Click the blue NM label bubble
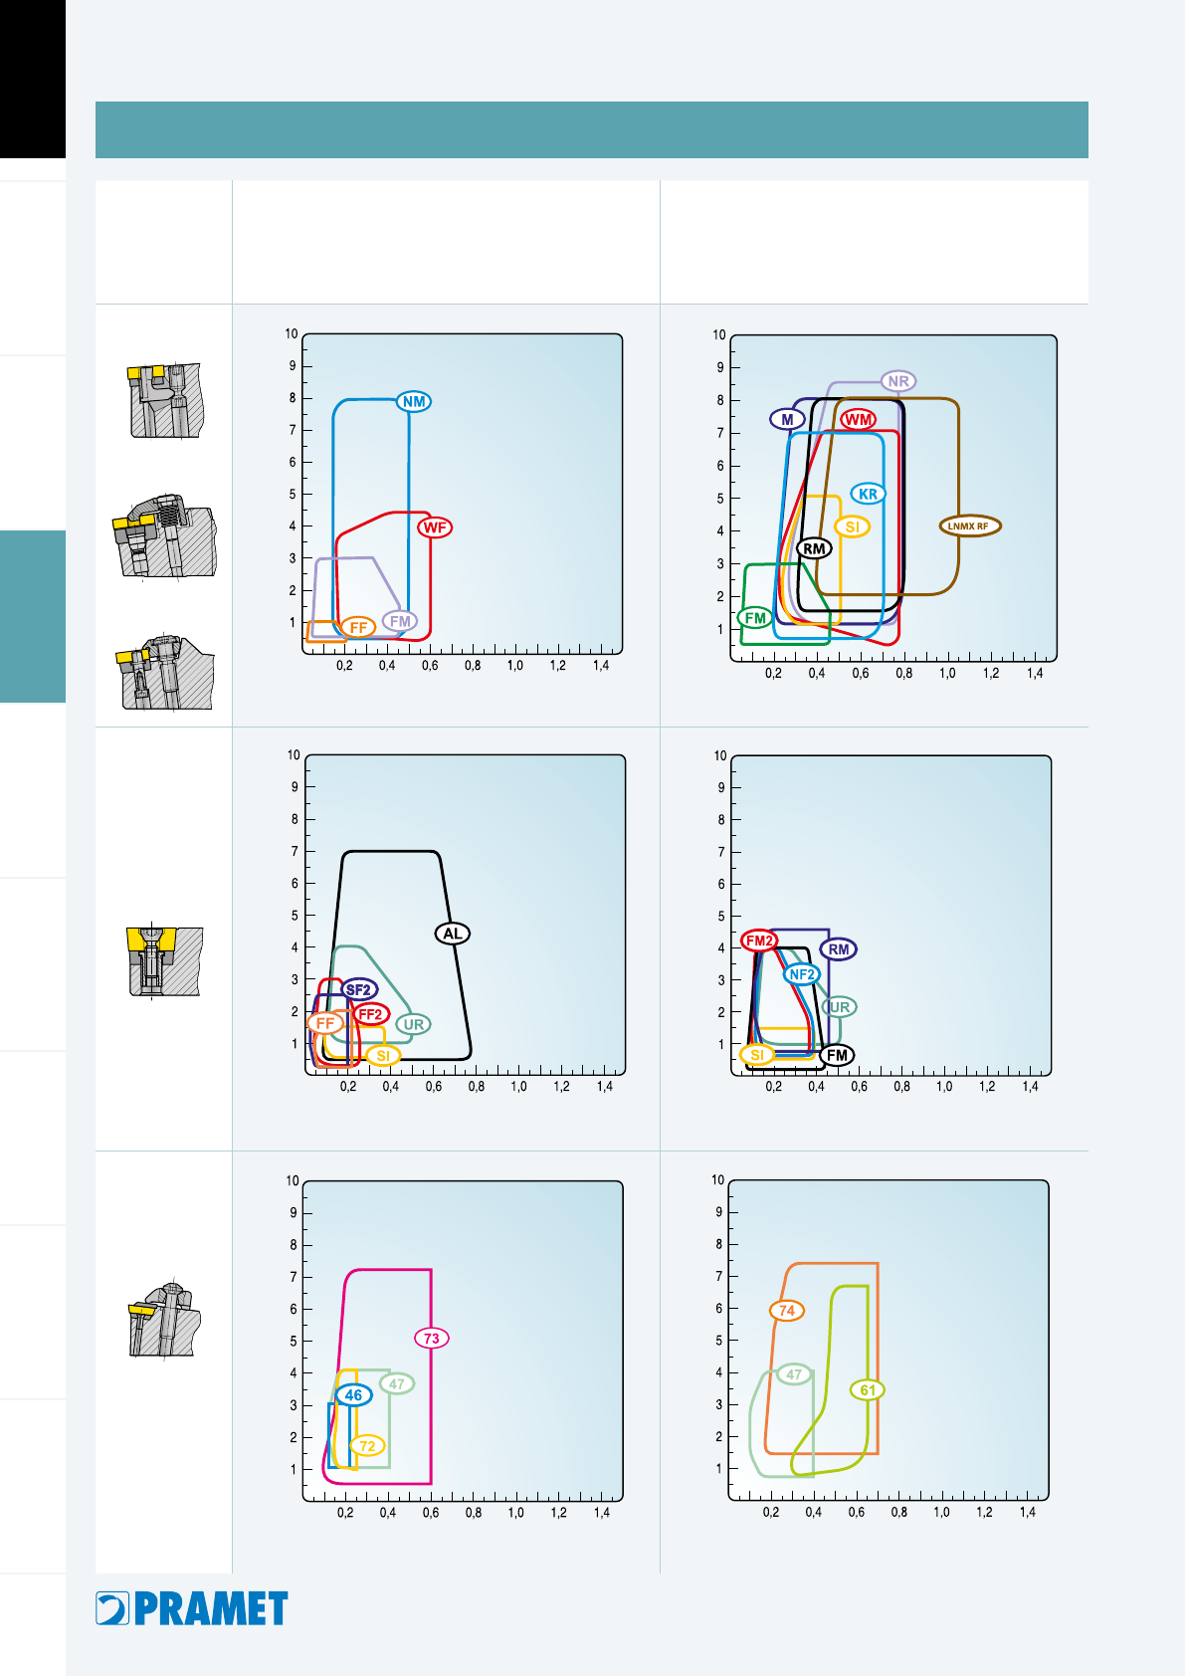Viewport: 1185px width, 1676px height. (414, 402)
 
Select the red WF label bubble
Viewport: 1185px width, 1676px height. (435, 527)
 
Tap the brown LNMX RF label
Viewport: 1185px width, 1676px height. (969, 526)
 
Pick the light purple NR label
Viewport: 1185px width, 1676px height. (898, 381)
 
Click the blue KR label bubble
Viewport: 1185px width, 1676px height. (868, 494)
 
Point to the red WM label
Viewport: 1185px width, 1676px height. (858, 419)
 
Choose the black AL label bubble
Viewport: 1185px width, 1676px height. (453, 934)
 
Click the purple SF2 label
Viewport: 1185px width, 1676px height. (358, 990)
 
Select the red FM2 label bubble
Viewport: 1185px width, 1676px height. (758, 941)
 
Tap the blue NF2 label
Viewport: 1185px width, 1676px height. (802, 974)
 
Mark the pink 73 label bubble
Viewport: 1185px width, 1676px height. (432, 1339)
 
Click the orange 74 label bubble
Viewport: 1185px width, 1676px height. (787, 1310)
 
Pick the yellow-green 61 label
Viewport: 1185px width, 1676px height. (868, 1390)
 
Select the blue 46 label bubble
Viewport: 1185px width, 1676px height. (354, 1394)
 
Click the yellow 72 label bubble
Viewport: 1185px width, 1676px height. (367, 1445)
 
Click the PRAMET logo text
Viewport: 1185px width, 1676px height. (211, 1608)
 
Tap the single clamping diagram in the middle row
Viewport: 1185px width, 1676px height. (164, 960)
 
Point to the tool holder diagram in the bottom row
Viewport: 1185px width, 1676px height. (164, 1319)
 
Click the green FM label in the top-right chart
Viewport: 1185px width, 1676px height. (755, 618)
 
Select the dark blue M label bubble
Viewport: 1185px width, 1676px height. (787, 419)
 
